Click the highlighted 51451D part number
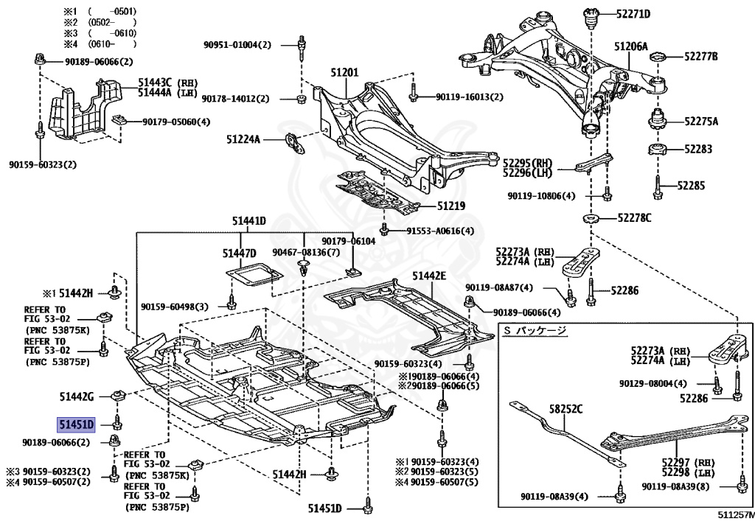[x=77, y=424]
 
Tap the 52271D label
[x=633, y=13]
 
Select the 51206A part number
[x=631, y=46]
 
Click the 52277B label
[x=701, y=56]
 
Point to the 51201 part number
[x=344, y=73]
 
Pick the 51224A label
[x=243, y=139]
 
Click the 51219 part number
[x=451, y=206]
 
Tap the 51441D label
[x=249, y=221]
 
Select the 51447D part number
[x=240, y=253]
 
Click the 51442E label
[x=429, y=276]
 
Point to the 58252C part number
[x=566, y=409]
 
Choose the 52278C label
[x=635, y=218]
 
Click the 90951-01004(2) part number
[x=237, y=45]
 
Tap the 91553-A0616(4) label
[x=440, y=231]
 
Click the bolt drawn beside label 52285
[x=658, y=187]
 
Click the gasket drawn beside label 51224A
[x=295, y=144]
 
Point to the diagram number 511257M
[x=737, y=515]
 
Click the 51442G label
[x=77, y=397]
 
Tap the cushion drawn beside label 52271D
[x=591, y=18]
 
